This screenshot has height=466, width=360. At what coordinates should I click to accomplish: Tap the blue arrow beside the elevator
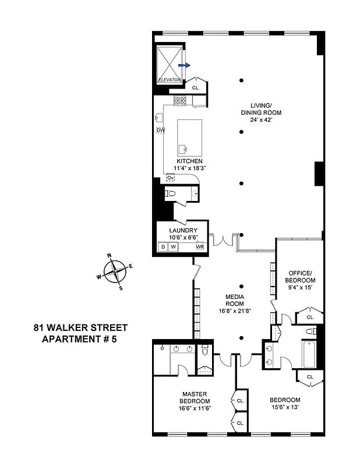tap(183, 66)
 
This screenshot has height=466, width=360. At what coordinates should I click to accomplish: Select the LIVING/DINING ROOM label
tap(262, 109)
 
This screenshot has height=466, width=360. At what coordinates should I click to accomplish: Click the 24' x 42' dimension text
tap(262, 120)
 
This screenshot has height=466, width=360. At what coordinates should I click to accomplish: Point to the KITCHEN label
tap(190, 161)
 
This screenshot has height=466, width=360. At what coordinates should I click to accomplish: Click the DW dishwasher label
tap(161, 130)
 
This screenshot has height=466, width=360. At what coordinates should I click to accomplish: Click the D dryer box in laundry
tap(163, 247)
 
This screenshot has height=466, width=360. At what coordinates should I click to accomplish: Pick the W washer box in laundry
tap(174, 247)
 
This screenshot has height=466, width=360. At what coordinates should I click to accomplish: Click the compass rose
tap(116, 271)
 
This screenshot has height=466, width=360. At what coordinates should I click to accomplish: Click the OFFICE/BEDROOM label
tap(299, 277)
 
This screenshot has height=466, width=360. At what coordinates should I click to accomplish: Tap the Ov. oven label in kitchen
tap(171, 178)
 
